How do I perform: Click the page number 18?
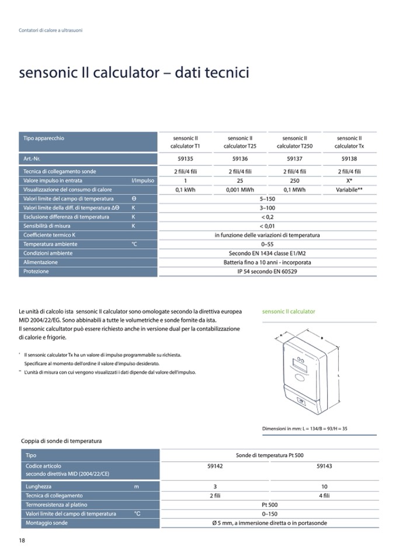(x=22, y=540)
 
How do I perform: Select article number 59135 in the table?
(x=185, y=158)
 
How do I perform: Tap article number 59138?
(x=349, y=158)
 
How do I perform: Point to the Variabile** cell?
(x=349, y=190)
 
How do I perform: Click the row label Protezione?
(x=36, y=272)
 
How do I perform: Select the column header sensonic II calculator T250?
(x=294, y=142)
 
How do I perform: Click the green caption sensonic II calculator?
(x=289, y=312)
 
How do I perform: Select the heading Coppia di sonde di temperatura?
(x=61, y=441)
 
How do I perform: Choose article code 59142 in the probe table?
(x=215, y=466)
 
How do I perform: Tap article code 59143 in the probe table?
(x=324, y=466)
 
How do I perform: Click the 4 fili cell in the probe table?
(x=324, y=495)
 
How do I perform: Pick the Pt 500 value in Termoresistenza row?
(x=269, y=505)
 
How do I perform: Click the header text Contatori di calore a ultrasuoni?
(x=51, y=30)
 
